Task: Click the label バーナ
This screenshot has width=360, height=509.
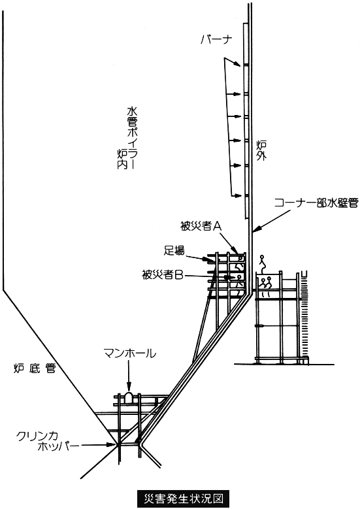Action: [216, 40]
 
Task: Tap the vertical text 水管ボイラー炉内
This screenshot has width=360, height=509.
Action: [125, 139]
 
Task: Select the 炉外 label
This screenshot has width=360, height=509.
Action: [261, 150]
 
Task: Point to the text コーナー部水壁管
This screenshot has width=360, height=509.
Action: [316, 203]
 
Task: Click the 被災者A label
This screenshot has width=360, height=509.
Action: [201, 226]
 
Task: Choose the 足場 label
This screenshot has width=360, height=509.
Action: [174, 251]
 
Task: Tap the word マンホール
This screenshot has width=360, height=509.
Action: [129, 353]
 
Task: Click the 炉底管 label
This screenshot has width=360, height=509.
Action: [35, 369]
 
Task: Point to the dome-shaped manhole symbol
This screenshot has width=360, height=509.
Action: [129, 397]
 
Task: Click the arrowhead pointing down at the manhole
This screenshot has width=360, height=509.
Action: [129, 387]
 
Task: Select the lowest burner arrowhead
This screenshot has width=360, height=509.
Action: [237, 195]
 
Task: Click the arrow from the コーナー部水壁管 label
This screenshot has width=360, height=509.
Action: [270, 221]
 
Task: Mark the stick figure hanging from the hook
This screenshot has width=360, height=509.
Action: [262, 260]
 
